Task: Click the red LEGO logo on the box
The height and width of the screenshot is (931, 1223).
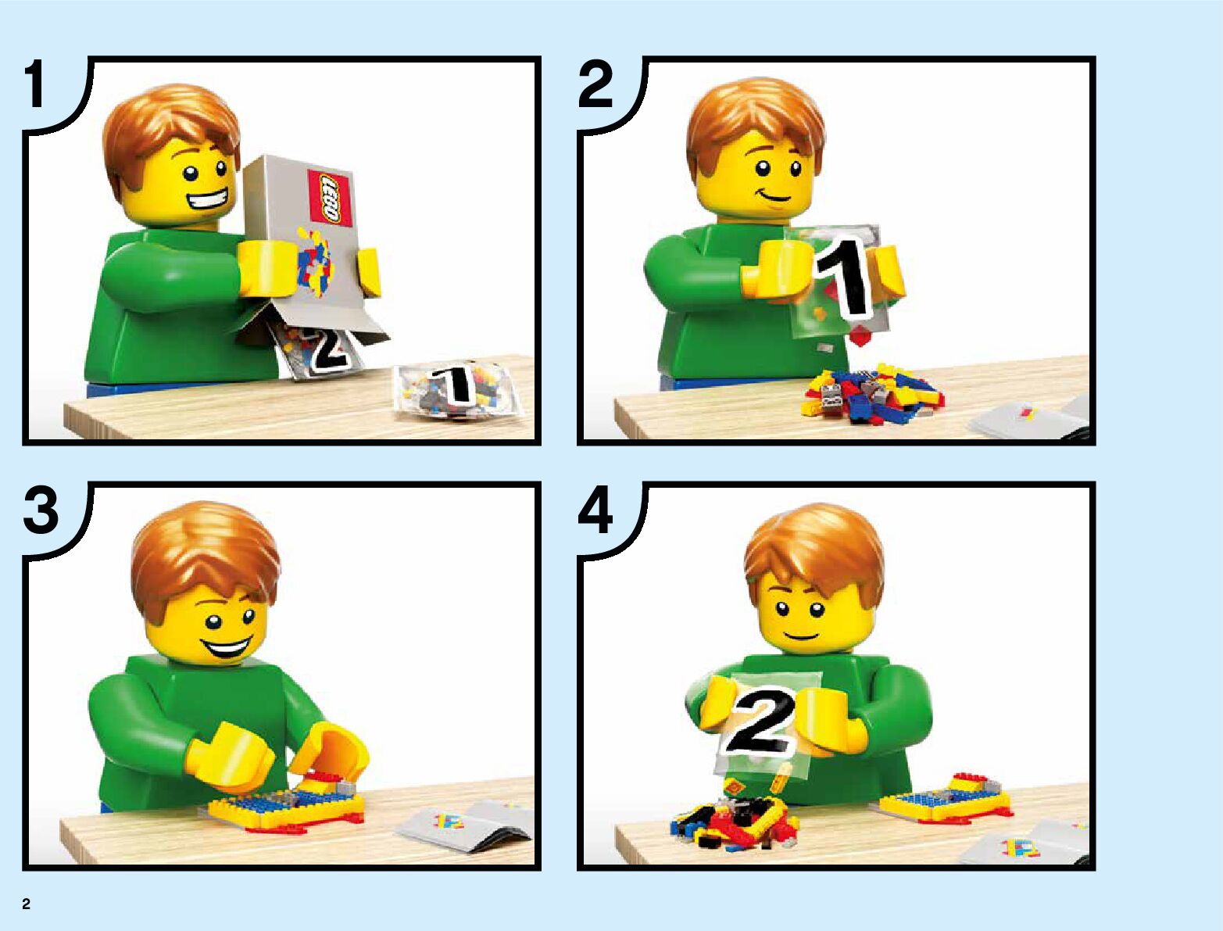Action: [330, 199]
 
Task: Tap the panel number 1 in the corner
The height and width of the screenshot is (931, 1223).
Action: [38, 84]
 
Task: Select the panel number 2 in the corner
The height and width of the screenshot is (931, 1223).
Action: [595, 84]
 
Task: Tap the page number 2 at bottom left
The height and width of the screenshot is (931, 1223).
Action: [27, 904]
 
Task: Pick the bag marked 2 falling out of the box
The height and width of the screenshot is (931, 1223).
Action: [316, 350]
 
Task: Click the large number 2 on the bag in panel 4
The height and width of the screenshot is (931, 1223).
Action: [761, 721]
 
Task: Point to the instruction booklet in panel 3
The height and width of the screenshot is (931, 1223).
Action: [465, 825]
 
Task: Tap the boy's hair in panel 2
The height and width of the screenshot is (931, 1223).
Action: [754, 123]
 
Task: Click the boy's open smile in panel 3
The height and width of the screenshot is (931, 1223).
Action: [226, 650]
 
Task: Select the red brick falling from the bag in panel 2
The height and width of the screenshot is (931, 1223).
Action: [861, 336]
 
